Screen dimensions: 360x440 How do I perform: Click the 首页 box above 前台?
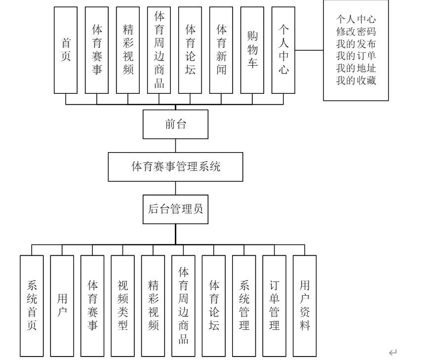coord(66,49)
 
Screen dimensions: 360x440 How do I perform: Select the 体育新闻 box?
coord(221,49)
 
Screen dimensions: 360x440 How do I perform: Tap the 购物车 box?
coord(252,49)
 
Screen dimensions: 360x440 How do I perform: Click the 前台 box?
coord(176,124)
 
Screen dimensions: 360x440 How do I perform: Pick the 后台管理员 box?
coord(176,209)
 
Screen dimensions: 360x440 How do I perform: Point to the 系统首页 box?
coord(32,305)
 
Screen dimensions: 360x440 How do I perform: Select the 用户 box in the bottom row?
coord(62,305)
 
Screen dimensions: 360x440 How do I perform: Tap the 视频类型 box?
coord(123,305)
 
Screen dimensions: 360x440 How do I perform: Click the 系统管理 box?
coord(244,305)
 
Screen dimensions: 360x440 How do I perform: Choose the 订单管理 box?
coord(275,305)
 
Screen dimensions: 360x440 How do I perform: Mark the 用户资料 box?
coord(305,305)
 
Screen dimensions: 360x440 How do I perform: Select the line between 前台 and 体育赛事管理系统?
coord(176,146)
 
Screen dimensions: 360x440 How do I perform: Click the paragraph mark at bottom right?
coord(393,352)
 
